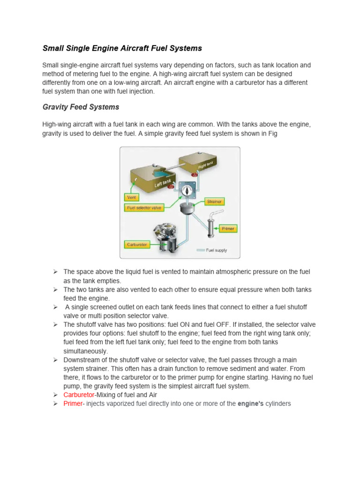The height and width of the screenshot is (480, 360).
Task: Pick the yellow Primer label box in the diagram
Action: coord(228,229)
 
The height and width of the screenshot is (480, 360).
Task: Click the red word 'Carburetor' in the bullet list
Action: coord(79,395)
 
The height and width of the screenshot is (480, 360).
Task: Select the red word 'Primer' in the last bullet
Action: coord(73,403)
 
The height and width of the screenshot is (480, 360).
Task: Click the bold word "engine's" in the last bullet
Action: coord(251,403)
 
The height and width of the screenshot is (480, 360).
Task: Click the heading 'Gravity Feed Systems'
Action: coord(81,107)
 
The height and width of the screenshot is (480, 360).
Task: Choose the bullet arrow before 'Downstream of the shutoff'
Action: coord(55,360)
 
